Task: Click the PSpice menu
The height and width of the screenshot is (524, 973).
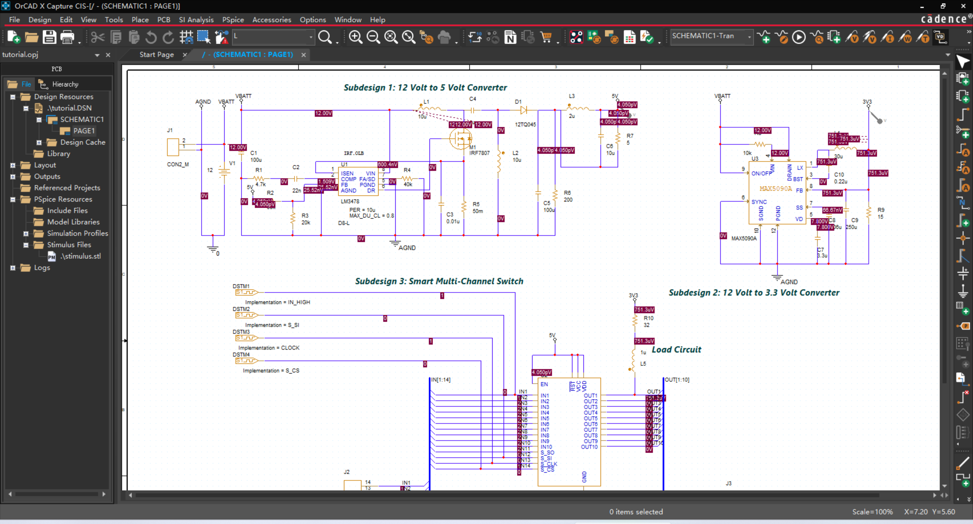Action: pos(233,20)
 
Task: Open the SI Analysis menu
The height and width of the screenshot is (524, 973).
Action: pos(196,20)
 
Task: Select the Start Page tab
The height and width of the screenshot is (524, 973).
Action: pos(156,55)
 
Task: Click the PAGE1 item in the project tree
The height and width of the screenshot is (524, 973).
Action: pos(84,131)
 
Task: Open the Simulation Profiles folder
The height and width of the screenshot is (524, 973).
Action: pos(77,233)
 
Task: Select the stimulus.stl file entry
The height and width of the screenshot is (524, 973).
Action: pos(81,256)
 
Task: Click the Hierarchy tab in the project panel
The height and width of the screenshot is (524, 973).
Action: pos(65,84)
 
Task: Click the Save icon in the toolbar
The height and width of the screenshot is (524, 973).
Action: pos(49,37)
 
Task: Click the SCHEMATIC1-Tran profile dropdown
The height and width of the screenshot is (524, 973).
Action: pos(711,36)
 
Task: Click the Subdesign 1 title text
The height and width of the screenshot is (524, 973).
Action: pos(425,88)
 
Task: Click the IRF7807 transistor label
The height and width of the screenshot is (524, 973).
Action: pos(479,153)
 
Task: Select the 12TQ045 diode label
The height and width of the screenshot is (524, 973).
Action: pos(525,125)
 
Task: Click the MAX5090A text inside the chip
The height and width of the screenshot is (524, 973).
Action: pos(775,189)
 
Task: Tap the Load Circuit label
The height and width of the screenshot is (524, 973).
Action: pos(676,350)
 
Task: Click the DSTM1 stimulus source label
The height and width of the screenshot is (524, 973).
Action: pos(241,286)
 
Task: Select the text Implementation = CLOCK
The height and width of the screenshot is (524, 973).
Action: pos(269,348)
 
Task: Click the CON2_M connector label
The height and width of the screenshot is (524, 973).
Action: pos(177,164)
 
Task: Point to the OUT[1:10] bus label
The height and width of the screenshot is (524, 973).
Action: pos(677,380)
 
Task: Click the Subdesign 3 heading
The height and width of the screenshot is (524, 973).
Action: pos(439,281)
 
